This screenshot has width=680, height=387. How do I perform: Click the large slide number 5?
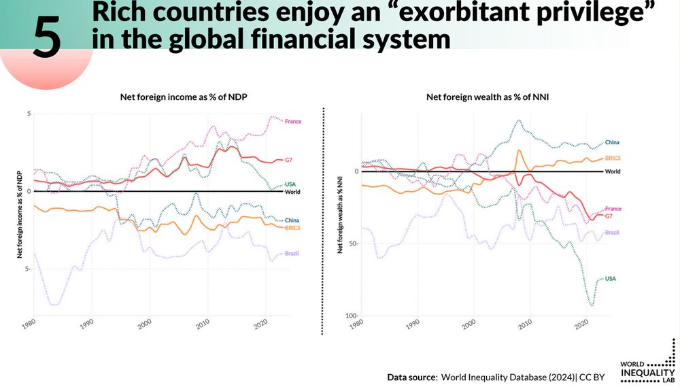(x=47, y=37)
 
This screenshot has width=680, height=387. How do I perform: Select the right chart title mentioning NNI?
(x=488, y=97)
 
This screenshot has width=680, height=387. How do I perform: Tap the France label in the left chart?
(x=293, y=122)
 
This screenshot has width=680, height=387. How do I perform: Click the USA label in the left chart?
(x=290, y=184)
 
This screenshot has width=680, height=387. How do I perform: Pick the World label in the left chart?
(x=292, y=192)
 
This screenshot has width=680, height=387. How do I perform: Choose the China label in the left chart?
(x=292, y=220)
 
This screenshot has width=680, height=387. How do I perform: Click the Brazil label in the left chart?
(x=292, y=254)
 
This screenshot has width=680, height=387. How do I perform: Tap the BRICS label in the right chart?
(x=613, y=158)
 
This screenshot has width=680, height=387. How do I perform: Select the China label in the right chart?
(x=612, y=143)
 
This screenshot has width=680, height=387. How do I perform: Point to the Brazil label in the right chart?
(x=612, y=233)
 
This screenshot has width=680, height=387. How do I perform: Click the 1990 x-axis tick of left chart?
(x=86, y=322)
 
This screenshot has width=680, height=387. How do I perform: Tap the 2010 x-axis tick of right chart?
(x=524, y=322)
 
